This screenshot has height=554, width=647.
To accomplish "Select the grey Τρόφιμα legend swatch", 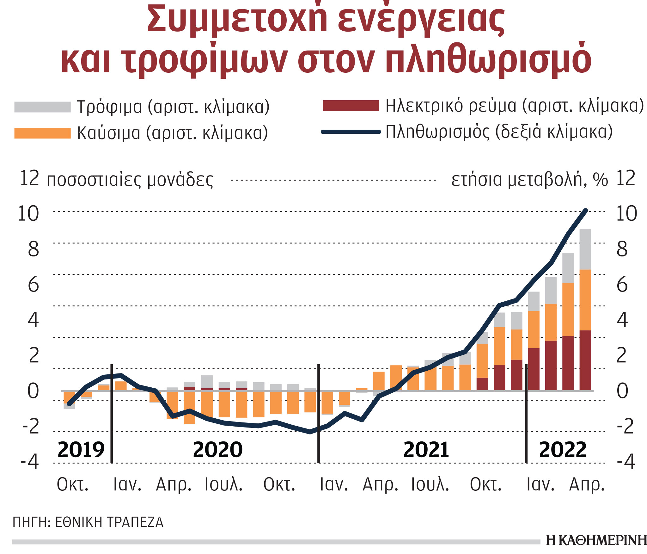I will pyautogui.click(x=42, y=107).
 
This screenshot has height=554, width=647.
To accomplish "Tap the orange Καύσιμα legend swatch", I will pyautogui.click(x=42, y=133).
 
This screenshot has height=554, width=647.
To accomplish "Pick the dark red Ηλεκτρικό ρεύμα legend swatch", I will pyautogui.click(x=351, y=106).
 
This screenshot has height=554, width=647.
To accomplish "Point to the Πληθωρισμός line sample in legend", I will pyautogui.click(x=351, y=132).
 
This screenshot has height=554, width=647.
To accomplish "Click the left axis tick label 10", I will pyautogui.click(x=28, y=214).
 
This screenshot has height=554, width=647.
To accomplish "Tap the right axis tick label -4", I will pyautogui.click(x=626, y=462).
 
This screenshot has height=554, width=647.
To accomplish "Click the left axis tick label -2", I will pyautogui.click(x=31, y=426).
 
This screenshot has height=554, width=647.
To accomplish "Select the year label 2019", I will pyautogui.click(x=81, y=450).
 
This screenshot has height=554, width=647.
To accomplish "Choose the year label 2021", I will pyautogui.click(x=426, y=450).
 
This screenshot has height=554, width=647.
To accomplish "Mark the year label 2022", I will pyautogui.click(x=563, y=450).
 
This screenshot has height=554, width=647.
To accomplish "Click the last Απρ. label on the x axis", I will pyautogui.click(x=587, y=485).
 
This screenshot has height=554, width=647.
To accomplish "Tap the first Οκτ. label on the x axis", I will pyautogui.click(x=73, y=485).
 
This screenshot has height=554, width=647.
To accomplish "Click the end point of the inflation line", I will pyautogui.click(x=586, y=211).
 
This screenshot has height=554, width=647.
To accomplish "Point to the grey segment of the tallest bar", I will pyautogui.click(x=585, y=249).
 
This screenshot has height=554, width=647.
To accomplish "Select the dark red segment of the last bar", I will pyautogui.click(x=585, y=360).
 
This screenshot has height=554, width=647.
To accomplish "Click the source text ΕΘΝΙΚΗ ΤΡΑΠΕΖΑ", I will pyautogui.click(x=109, y=522).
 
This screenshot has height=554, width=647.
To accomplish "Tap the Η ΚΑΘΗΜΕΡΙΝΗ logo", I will pyautogui.click(x=596, y=540).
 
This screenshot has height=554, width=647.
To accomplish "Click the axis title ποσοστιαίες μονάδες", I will pyautogui.click(x=130, y=180).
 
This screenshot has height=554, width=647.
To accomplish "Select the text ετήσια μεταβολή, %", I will pyautogui.click(x=529, y=180).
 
